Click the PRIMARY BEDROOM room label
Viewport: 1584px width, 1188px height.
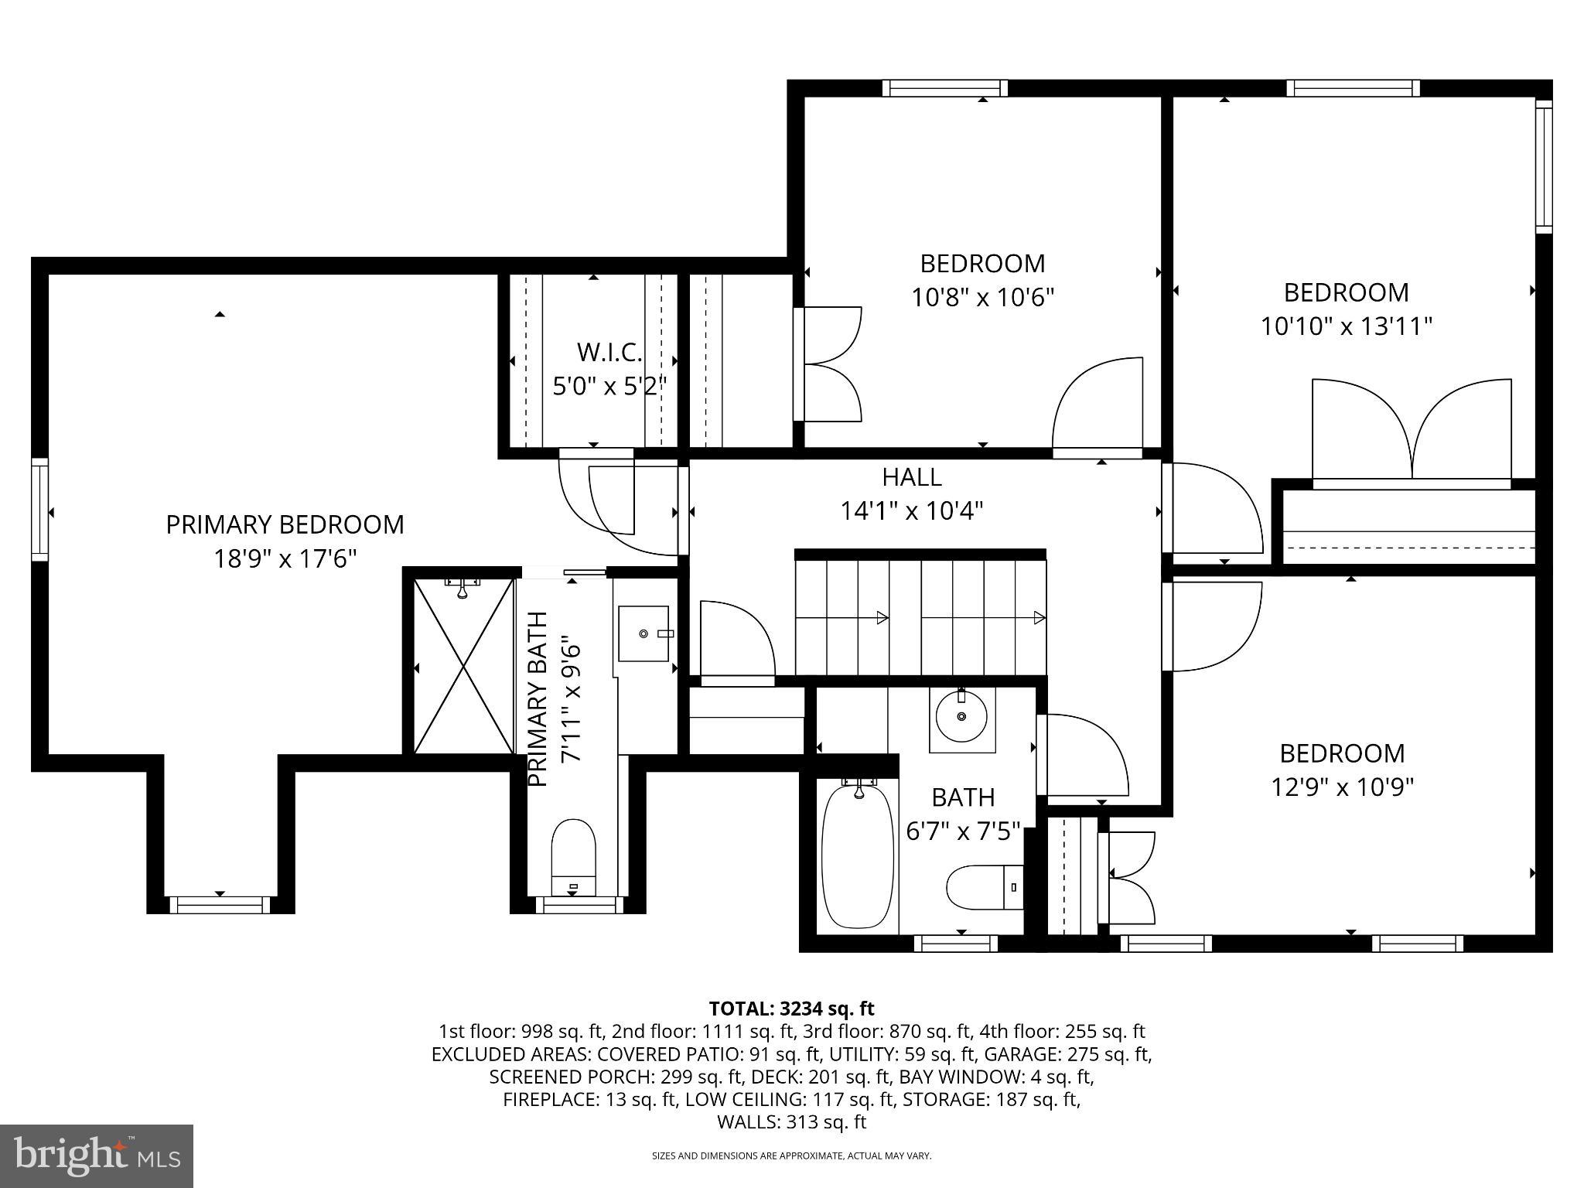[285, 524]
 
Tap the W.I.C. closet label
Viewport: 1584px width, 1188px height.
[609, 353]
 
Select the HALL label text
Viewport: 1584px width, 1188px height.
[912, 477]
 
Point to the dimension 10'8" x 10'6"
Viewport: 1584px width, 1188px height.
[982, 297]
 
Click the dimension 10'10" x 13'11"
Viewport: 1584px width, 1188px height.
[1346, 326]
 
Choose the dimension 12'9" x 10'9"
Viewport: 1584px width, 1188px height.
[1342, 787]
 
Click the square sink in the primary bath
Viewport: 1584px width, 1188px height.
[643, 633]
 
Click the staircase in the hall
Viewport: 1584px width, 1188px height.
[920, 617]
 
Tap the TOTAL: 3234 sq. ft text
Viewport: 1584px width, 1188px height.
[791, 1009]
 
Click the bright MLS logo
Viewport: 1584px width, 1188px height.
[97, 1156]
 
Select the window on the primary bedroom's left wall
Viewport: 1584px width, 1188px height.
[39, 509]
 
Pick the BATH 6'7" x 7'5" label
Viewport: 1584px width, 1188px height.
[962, 814]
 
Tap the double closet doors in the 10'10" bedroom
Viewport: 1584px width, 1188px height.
[1412, 432]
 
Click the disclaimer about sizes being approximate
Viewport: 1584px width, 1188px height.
[791, 1156]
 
